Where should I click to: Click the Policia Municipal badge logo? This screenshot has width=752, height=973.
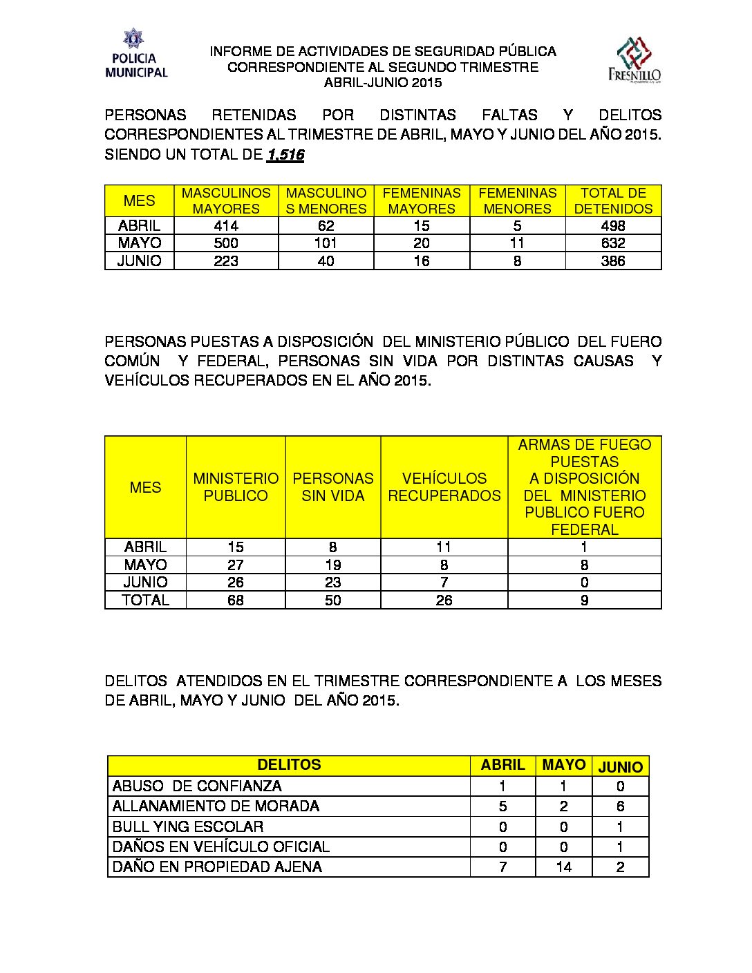coord(135,53)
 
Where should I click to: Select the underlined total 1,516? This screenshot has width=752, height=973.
coord(285,154)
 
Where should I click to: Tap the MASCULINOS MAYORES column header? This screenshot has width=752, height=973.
coord(226,200)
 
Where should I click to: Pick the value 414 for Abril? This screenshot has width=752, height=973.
coord(226,225)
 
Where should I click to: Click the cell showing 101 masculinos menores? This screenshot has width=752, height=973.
coord(326,243)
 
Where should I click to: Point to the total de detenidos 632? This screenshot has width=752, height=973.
coord(613,243)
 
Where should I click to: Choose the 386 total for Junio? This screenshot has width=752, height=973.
coord(613,261)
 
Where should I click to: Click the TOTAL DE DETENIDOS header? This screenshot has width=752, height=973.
coord(613,200)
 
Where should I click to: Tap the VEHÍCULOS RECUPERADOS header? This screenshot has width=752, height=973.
coord(444,486)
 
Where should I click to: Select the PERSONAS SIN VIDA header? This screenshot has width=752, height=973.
coord(332,486)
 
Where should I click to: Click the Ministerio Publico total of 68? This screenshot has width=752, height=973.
coord(236,600)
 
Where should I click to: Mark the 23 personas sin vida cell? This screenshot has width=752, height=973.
coord(332,583)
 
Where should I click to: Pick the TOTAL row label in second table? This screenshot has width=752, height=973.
coord(145,600)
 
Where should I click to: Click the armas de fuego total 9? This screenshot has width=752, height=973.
coord(584,600)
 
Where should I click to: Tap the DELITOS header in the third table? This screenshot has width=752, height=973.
coord(289,765)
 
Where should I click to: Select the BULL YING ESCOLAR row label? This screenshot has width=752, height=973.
coord(188,826)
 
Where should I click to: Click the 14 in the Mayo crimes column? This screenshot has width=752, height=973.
coord(563,867)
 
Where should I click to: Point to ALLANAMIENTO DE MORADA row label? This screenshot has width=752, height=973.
coord(216,806)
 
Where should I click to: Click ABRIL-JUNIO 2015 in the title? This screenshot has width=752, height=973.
coord(383,82)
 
